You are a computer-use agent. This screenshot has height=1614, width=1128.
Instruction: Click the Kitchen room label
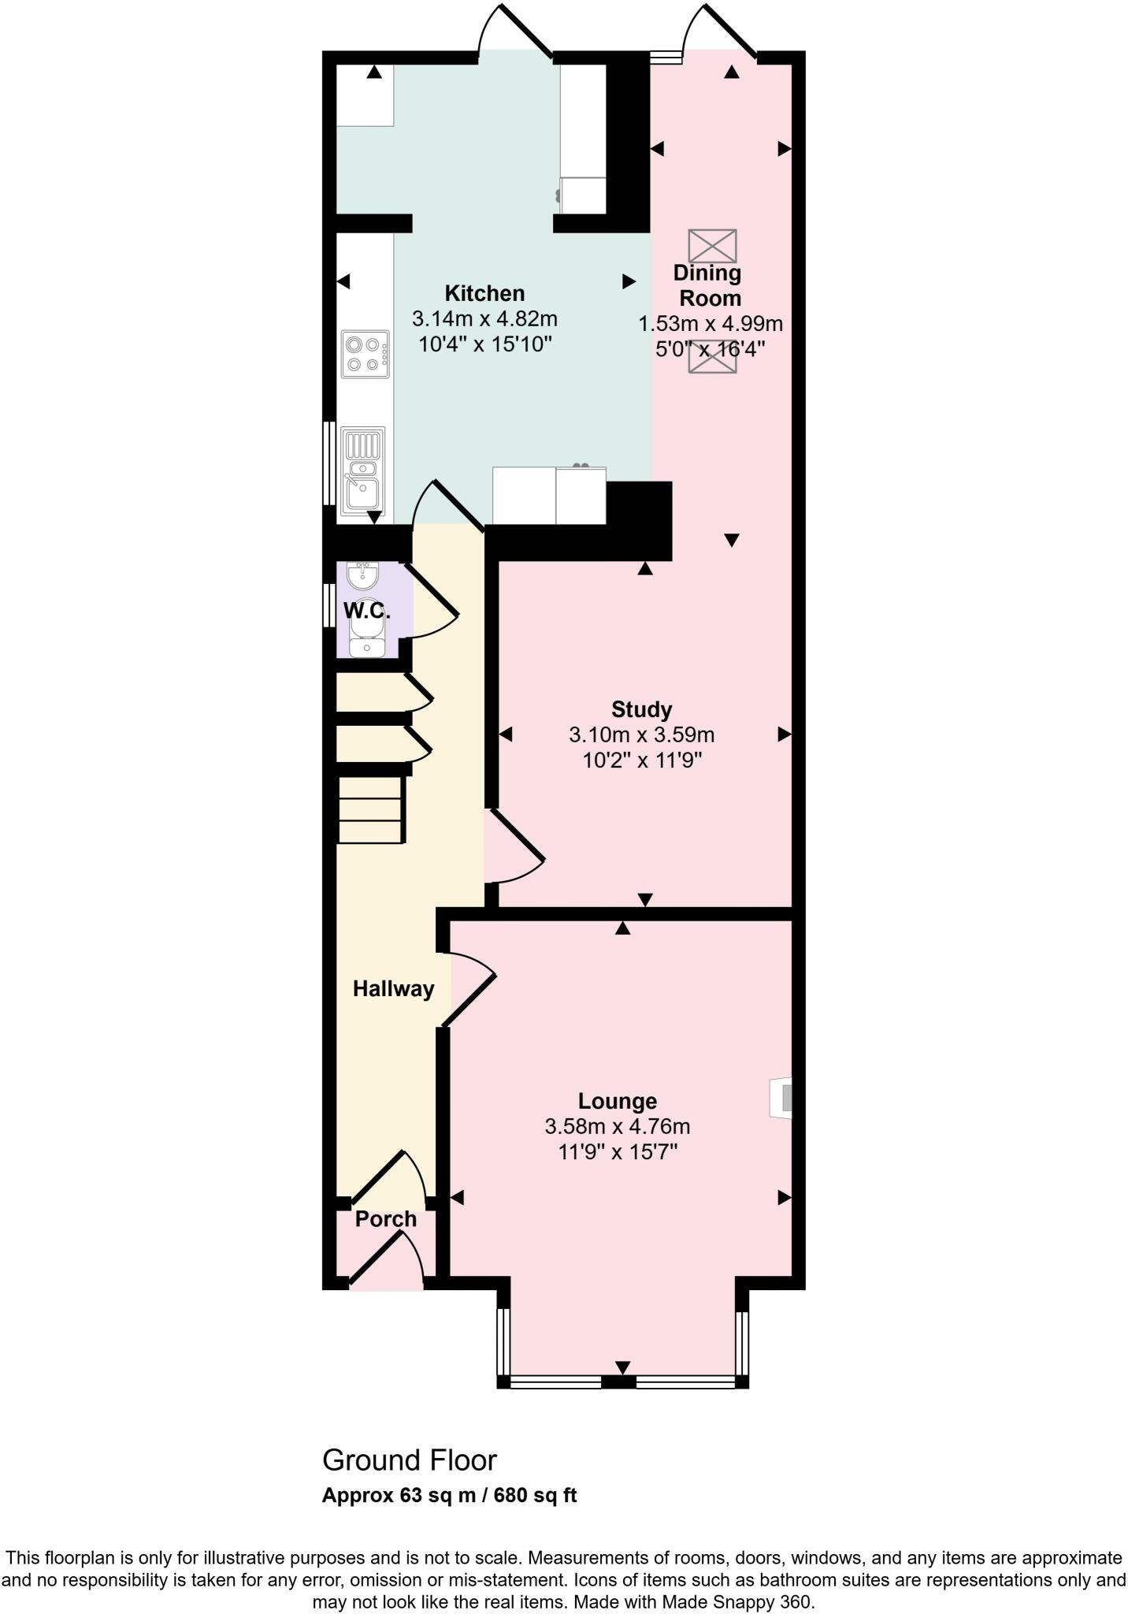coord(484,293)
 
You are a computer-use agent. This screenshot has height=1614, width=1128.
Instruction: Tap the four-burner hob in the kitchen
coord(365,354)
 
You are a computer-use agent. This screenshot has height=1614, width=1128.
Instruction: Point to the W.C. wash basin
coord(363,575)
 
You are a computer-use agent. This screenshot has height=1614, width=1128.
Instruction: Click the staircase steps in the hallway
coord(370,809)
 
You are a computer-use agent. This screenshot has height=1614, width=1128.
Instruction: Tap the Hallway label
coord(393,989)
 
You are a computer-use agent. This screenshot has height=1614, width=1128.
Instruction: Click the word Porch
coord(385,1219)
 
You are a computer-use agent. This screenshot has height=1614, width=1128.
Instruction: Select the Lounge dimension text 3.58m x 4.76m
coord(617,1127)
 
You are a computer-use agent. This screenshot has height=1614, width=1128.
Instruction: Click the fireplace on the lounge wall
coord(781,1096)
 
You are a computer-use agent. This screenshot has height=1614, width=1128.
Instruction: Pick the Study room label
coord(641,709)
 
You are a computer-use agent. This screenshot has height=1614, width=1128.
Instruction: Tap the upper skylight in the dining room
coord(712,246)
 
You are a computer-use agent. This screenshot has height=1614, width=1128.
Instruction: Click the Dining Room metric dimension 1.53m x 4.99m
coord(710,324)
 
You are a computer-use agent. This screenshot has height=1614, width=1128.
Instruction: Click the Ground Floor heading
coord(410,1460)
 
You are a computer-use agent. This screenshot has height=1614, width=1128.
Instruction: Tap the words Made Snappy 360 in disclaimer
coord(736,1602)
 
